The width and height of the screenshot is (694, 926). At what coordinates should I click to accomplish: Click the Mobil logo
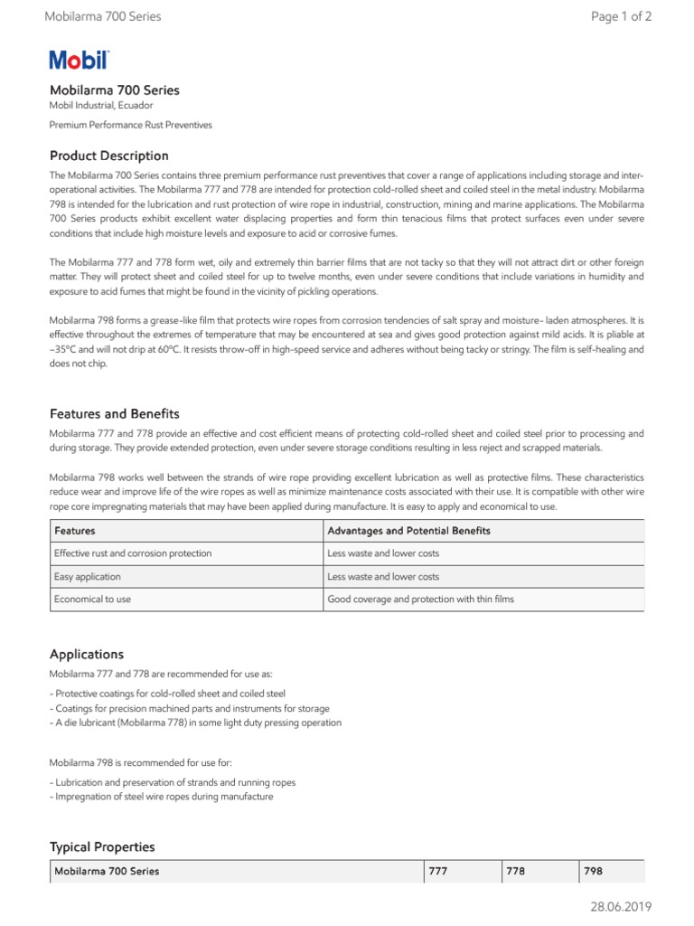tap(79, 61)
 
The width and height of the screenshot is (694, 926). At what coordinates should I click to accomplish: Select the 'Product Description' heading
tap(108, 156)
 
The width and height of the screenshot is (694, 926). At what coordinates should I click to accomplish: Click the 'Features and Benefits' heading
tap(114, 413)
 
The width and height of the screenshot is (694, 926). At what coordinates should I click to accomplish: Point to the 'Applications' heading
tap(87, 654)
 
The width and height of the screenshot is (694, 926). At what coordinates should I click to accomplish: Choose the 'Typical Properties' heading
tap(102, 847)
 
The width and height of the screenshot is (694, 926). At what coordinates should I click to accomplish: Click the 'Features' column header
tap(75, 531)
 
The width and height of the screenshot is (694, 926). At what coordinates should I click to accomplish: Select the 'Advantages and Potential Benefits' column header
tap(408, 531)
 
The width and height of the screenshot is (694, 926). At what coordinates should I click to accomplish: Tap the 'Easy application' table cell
tap(88, 576)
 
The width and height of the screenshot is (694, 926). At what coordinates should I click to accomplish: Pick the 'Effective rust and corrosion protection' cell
tap(133, 553)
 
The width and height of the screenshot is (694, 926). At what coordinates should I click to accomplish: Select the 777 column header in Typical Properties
tap(438, 871)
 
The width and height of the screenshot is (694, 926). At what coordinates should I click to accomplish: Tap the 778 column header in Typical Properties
tap(516, 871)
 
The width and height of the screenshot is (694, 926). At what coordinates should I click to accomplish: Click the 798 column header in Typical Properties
tap(593, 871)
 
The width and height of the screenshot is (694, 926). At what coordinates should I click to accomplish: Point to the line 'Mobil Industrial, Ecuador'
tap(101, 106)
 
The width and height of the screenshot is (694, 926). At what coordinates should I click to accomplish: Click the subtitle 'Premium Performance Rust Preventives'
tap(130, 125)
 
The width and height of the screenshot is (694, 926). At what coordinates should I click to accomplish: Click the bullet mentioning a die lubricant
tap(195, 723)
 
